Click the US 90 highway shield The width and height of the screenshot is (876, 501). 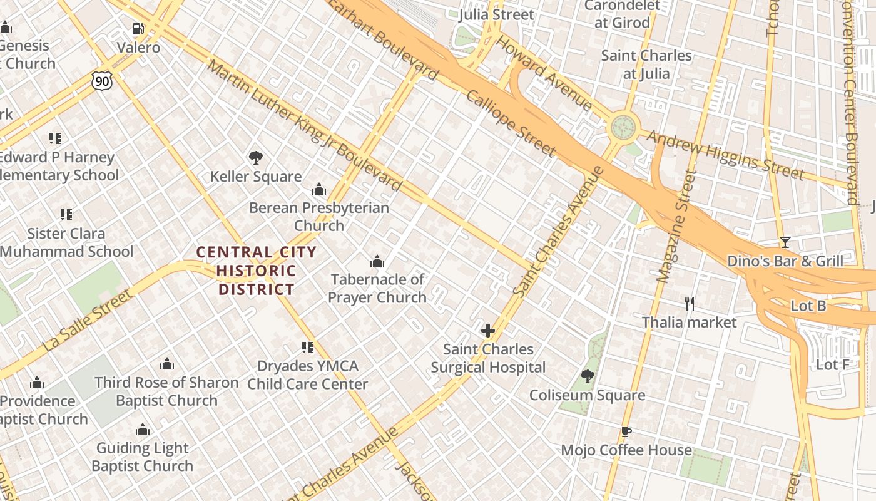click(x=101, y=80)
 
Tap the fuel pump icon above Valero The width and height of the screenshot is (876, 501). click(x=138, y=29)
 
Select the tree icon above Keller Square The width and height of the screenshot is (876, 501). click(x=255, y=158)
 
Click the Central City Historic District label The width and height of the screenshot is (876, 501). click(x=256, y=271)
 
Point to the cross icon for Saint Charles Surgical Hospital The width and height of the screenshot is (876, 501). click(x=488, y=331)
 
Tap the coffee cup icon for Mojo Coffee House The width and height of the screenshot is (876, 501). click(x=626, y=431)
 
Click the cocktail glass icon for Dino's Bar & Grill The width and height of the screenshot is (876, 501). click(x=785, y=242)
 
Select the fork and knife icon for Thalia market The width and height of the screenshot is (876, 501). click(x=690, y=304)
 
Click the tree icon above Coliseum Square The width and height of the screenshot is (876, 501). click(x=587, y=376)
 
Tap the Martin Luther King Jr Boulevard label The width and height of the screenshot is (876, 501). click(x=304, y=125)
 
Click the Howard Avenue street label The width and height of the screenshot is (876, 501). click(x=544, y=73)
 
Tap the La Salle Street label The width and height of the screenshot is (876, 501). click(x=88, y=320)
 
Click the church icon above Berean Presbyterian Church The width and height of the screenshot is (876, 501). click(x=319, y=189)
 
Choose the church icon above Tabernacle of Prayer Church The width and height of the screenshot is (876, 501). click(x=377, y=261)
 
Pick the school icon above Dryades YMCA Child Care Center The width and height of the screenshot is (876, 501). click(x=307, y=348)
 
